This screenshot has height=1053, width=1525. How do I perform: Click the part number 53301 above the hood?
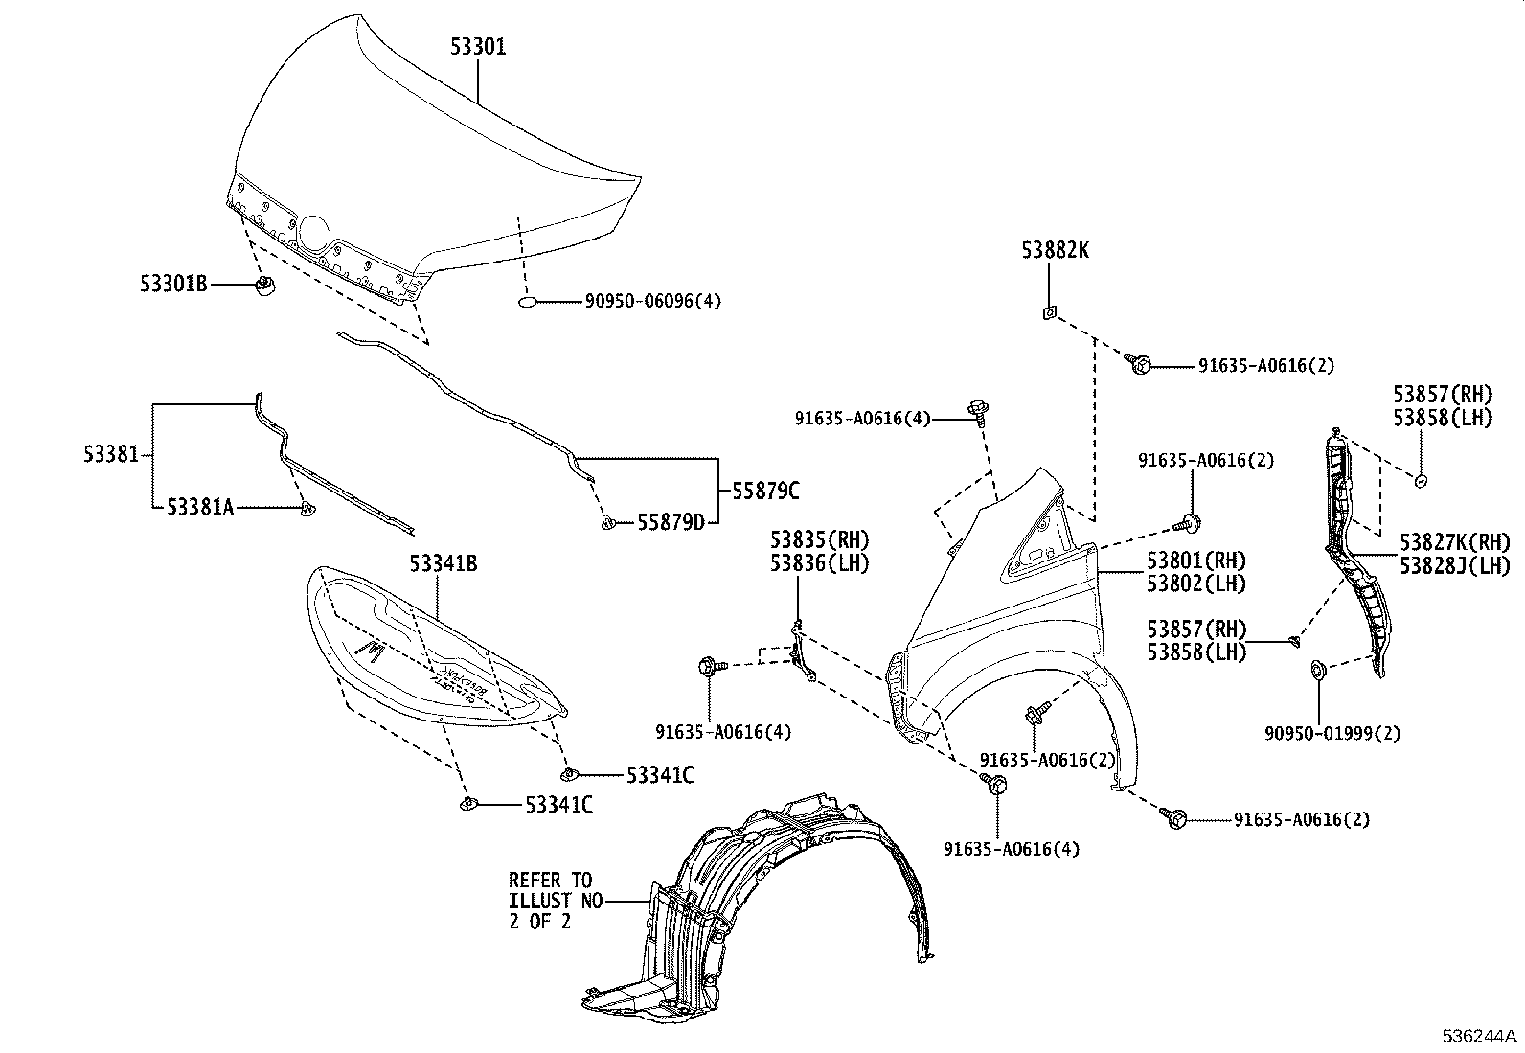479,47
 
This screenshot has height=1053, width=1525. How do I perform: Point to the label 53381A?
200,508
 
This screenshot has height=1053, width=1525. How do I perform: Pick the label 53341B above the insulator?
444,563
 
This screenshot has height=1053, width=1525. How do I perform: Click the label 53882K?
1055,251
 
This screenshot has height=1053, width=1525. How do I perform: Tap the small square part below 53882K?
1049,311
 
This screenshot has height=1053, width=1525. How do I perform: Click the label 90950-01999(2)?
1332,734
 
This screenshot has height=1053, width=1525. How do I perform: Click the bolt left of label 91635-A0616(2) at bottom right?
1174,817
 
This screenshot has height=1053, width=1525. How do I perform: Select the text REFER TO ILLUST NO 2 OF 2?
550,901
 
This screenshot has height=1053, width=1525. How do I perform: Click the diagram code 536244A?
1481,1037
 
